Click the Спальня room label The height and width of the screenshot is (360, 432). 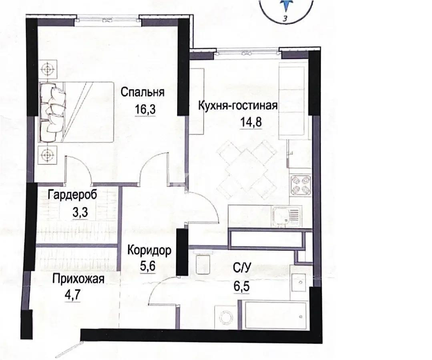143,92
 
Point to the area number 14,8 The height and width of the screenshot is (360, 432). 251,122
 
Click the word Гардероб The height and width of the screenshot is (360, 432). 72,196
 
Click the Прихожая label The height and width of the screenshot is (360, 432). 78,279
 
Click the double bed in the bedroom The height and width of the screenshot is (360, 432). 76,112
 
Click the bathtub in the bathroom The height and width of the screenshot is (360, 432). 273,316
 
